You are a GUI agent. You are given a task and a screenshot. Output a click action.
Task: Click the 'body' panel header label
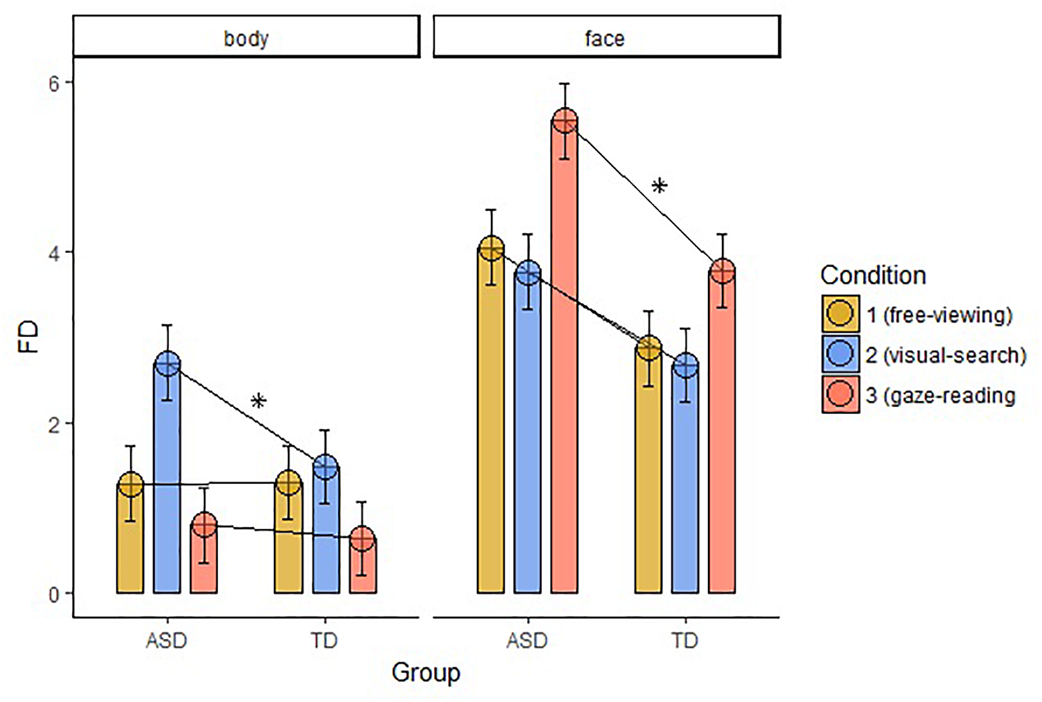pyautogui.click(x=246, y=38)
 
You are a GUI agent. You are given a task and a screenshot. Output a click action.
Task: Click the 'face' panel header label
pyautogui.click(x=605, y=38)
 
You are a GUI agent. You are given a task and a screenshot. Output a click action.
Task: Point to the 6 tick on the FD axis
pyautogui.click(x=53, y=82)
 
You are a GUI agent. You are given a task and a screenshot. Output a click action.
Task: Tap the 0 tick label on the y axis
pyautogui.click(x=53, y=595)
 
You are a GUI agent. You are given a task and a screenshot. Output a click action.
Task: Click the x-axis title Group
pyautogui.click(x=426, y=672)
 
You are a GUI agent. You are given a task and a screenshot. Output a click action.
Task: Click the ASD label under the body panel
pyautogui.click(x=166, y=640)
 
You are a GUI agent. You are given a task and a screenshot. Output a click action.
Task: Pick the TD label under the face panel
pyautogui.click(x=684, y=640)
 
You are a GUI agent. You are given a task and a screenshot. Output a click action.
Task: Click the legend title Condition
pyautogui.click(x=873, y=276)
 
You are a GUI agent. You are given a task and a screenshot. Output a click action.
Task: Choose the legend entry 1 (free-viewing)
pyautogui.click(x=939, y=315)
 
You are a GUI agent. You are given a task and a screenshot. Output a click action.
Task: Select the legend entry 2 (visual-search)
pyautogui.click(x=946, y=356)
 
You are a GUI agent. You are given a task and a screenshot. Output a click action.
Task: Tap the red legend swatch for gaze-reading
pyautogui.click(x=840, y=394)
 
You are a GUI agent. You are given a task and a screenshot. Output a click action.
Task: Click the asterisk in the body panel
pyautogui.click(x=258, y=402)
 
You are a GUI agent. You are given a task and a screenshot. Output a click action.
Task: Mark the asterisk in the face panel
pyautogui.click(x=659, y=186)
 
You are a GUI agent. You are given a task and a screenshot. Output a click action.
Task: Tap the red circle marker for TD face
pyautogui.click(x=722, y=272)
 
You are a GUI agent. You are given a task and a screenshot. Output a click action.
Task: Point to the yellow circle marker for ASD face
pyautogui.click(x=492, y=248)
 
